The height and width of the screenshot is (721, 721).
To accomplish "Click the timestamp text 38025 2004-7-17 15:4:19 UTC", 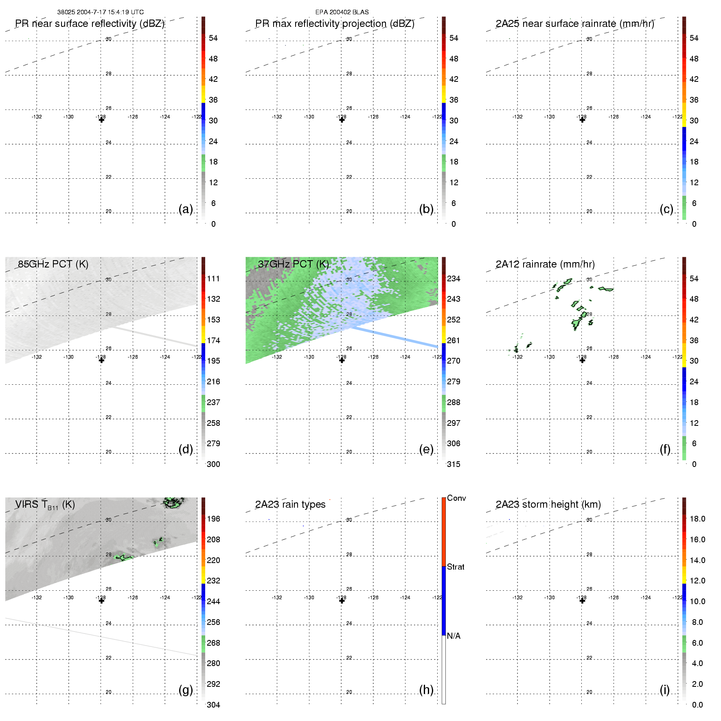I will [x=100, y=12].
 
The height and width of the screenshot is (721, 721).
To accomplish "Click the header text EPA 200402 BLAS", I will [x=342, y=12].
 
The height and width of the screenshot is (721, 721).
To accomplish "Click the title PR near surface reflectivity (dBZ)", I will [x=90, y=24].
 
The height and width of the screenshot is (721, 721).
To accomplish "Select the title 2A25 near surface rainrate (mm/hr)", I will [x=574, y=24].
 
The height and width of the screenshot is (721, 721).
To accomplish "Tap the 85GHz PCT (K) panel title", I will [x=53, y=264].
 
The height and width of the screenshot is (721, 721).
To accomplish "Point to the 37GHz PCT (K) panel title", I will [x=293, y=264].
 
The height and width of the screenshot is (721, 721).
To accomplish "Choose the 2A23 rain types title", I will [x=290, y=504].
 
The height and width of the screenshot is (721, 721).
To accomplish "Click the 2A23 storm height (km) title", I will [x=548, y=504].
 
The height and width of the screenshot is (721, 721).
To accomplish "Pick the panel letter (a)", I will [x=186, y=209].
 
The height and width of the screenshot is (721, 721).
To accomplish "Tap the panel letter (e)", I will [x=426, y=449].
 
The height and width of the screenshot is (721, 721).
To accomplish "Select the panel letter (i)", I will [x=664, y=690].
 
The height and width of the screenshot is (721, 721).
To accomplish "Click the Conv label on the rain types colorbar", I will [x=456, y=498].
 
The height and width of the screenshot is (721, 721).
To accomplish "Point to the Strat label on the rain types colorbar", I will [x=456, y=567].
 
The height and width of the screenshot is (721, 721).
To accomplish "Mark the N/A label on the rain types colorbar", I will [x=454, y=636].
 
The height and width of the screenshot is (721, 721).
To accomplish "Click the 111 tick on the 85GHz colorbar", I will [x=213, y=278].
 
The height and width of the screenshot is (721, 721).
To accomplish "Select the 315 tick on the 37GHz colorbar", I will [x=454, y=464].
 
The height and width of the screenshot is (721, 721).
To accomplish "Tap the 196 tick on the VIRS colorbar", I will [x=213, y=519].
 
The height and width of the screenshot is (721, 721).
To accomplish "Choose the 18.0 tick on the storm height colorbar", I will [x=697, y=519].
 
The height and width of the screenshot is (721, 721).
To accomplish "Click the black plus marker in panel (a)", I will [x=101, y=120].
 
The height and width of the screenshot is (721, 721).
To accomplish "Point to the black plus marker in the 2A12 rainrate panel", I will [x=582, y=360].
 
